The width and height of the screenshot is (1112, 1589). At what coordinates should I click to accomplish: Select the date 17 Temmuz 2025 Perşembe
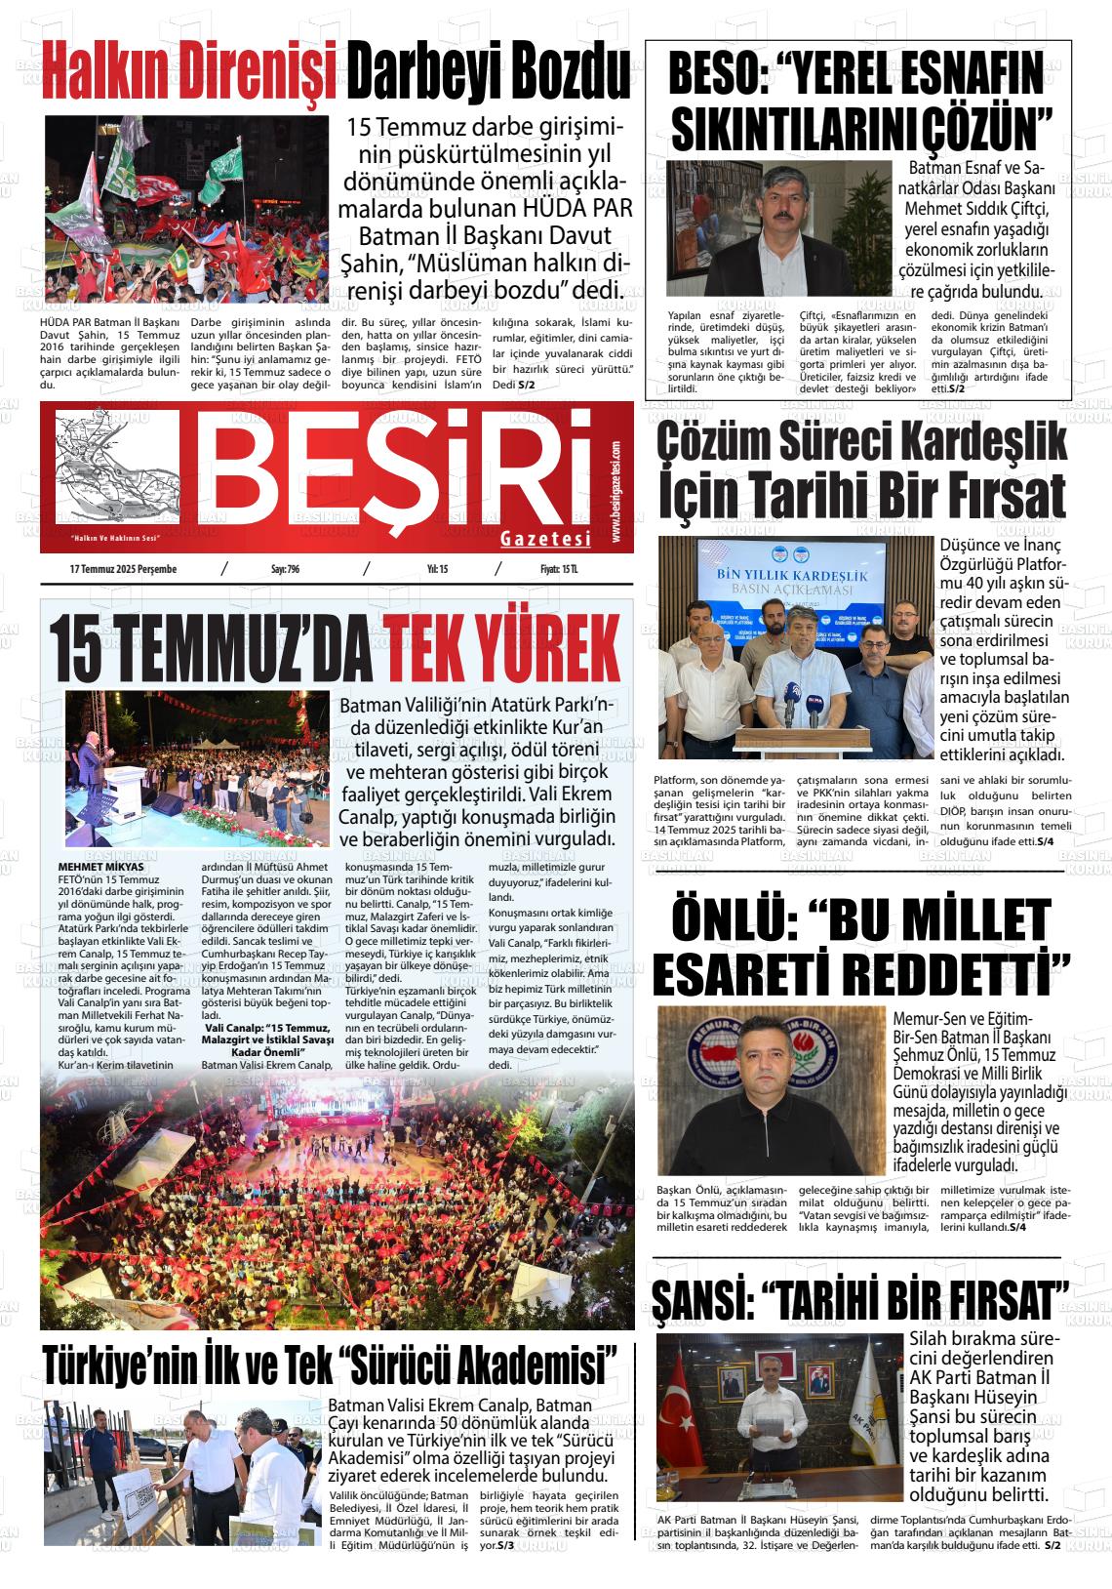click(123, 569)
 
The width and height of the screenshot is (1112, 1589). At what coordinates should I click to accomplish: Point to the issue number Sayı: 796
click(284, 569)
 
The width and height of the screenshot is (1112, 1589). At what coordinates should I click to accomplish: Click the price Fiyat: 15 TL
click(559, 569)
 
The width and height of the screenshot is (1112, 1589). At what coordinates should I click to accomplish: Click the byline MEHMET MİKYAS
click(100, 867)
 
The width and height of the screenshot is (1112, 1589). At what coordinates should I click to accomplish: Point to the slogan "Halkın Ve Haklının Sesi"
click(113, 539)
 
